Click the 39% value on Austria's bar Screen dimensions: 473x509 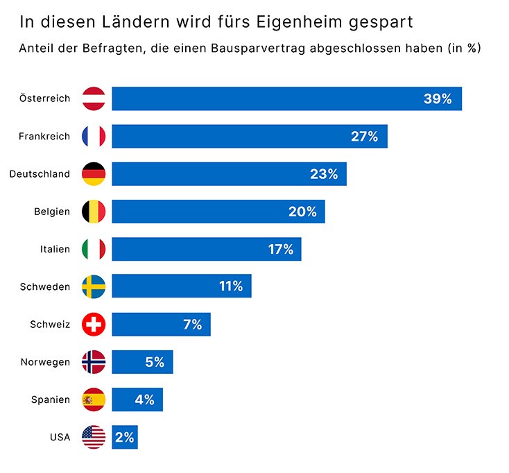(437, 99)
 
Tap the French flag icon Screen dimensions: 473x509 (94, 137)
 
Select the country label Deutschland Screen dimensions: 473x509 (40, 174)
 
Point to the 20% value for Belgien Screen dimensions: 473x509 (302, 212)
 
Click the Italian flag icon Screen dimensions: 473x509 (94, 249)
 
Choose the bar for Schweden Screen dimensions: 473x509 (181, 286)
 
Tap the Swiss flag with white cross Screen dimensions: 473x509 (94, 324)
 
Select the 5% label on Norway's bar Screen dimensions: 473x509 (155, 362)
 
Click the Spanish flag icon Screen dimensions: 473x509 (94, 399)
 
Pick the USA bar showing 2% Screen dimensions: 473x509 (125, 437)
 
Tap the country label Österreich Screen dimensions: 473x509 (45, 98)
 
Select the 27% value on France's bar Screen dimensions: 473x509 (364, 137)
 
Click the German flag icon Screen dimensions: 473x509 (94, 174)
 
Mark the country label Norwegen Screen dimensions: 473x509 (45, 362)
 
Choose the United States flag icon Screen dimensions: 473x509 (94, 437)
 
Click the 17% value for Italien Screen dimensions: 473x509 (281, 249)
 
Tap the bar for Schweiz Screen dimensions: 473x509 (161, 324)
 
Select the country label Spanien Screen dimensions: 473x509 (51, 399)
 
